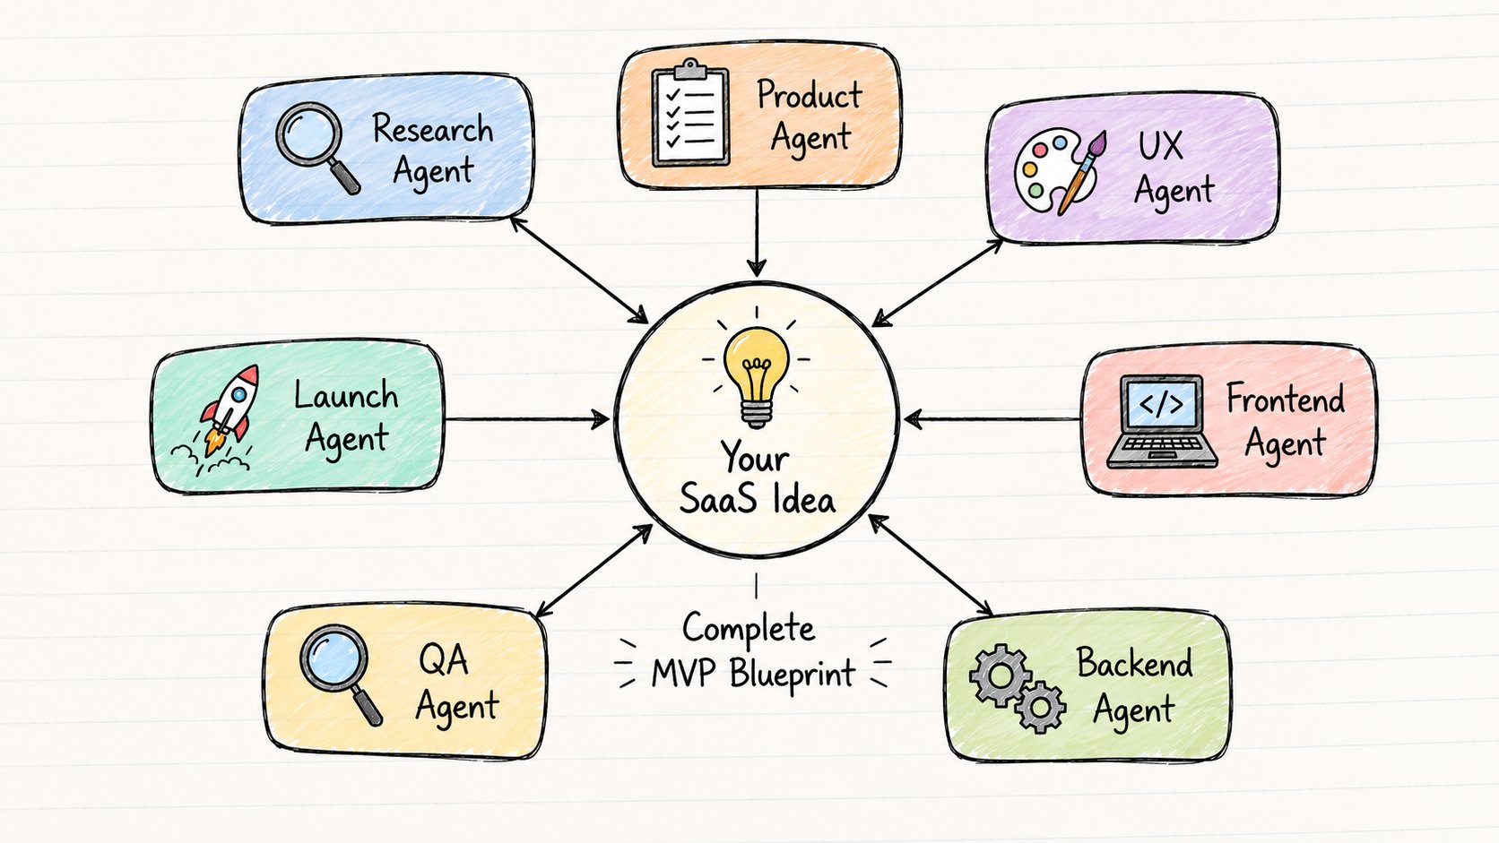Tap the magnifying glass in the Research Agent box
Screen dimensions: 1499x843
pyautogui.click(x=316, y=146)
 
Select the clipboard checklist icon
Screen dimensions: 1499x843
pyautogui.click(x=690, y=113)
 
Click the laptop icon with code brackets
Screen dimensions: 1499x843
pyautogui.click(x=1161, y=422)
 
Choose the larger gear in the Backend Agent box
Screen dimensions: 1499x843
pyautogui.click(x=1000, y=675)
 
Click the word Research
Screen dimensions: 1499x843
pyautogui.click(x=432, y=128)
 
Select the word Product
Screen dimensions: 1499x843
pyautogui.click(x=809, y=94)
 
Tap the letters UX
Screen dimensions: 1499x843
pyautogui.click(x=1160, y=145)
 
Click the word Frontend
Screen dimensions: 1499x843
pyautogui.click(x=1286, y=400)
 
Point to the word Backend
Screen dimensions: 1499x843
pyautogui.click(x=1134, y=663)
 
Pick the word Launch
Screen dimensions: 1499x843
pyautogui.click(x=346, y=395)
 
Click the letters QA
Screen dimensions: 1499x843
pyautogui.click(x=443, y=660)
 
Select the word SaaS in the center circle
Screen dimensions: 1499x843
pyautogui.click(x=719, y=499)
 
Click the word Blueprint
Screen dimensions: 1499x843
pyautogui.click(x=793, y=673)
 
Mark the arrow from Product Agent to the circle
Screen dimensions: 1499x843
pyautogui.click(x=757, y=232)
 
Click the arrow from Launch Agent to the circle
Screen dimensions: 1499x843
pyautogui.click(x=526, y=420)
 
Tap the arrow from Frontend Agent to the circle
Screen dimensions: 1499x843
pyautogui.click(x=992, y=420)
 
